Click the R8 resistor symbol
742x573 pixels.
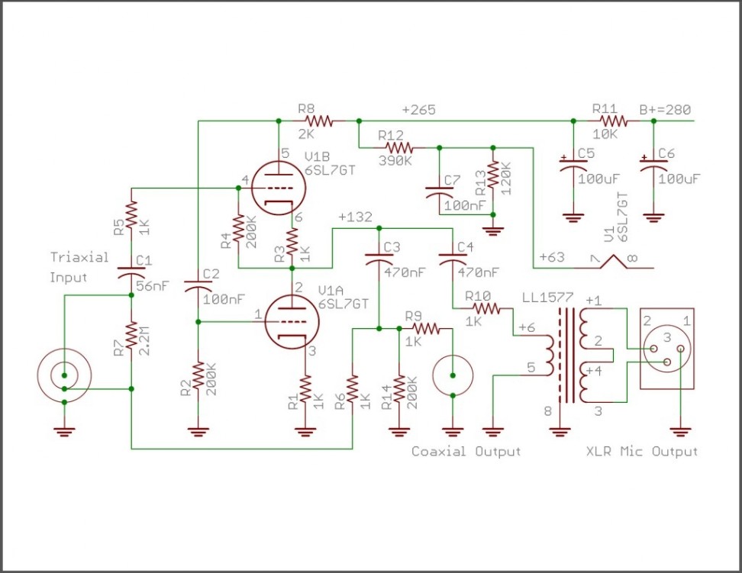click(x=319, y=121)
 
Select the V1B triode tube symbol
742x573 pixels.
click(x=278, y=188)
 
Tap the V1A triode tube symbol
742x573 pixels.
click(x=292, y=322)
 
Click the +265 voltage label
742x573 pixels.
click(x=419, y=110)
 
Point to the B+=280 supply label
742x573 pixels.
click(x=665, y=110)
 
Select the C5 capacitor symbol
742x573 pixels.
click(x=573, y=166)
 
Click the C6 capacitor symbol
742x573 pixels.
click(x=653, y=166)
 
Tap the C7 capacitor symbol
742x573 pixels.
click(x=439, y=192)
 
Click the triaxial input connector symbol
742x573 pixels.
click(x=64, y=376)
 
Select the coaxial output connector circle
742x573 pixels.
click(x=453, y=375)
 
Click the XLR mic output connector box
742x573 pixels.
click(x=667, y=349)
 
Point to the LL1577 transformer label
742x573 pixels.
click(x=547, y=298)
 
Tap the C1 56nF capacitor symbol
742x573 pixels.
click(x=131, y=274)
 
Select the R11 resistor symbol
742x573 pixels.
click(x=614, y=121)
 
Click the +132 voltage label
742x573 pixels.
click(x=356, y=217)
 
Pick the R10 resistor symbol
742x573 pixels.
click(x=486, y=308)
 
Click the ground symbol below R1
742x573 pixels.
click(x=305, y=432)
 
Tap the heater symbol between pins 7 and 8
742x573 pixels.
click(x=614, y=261)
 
